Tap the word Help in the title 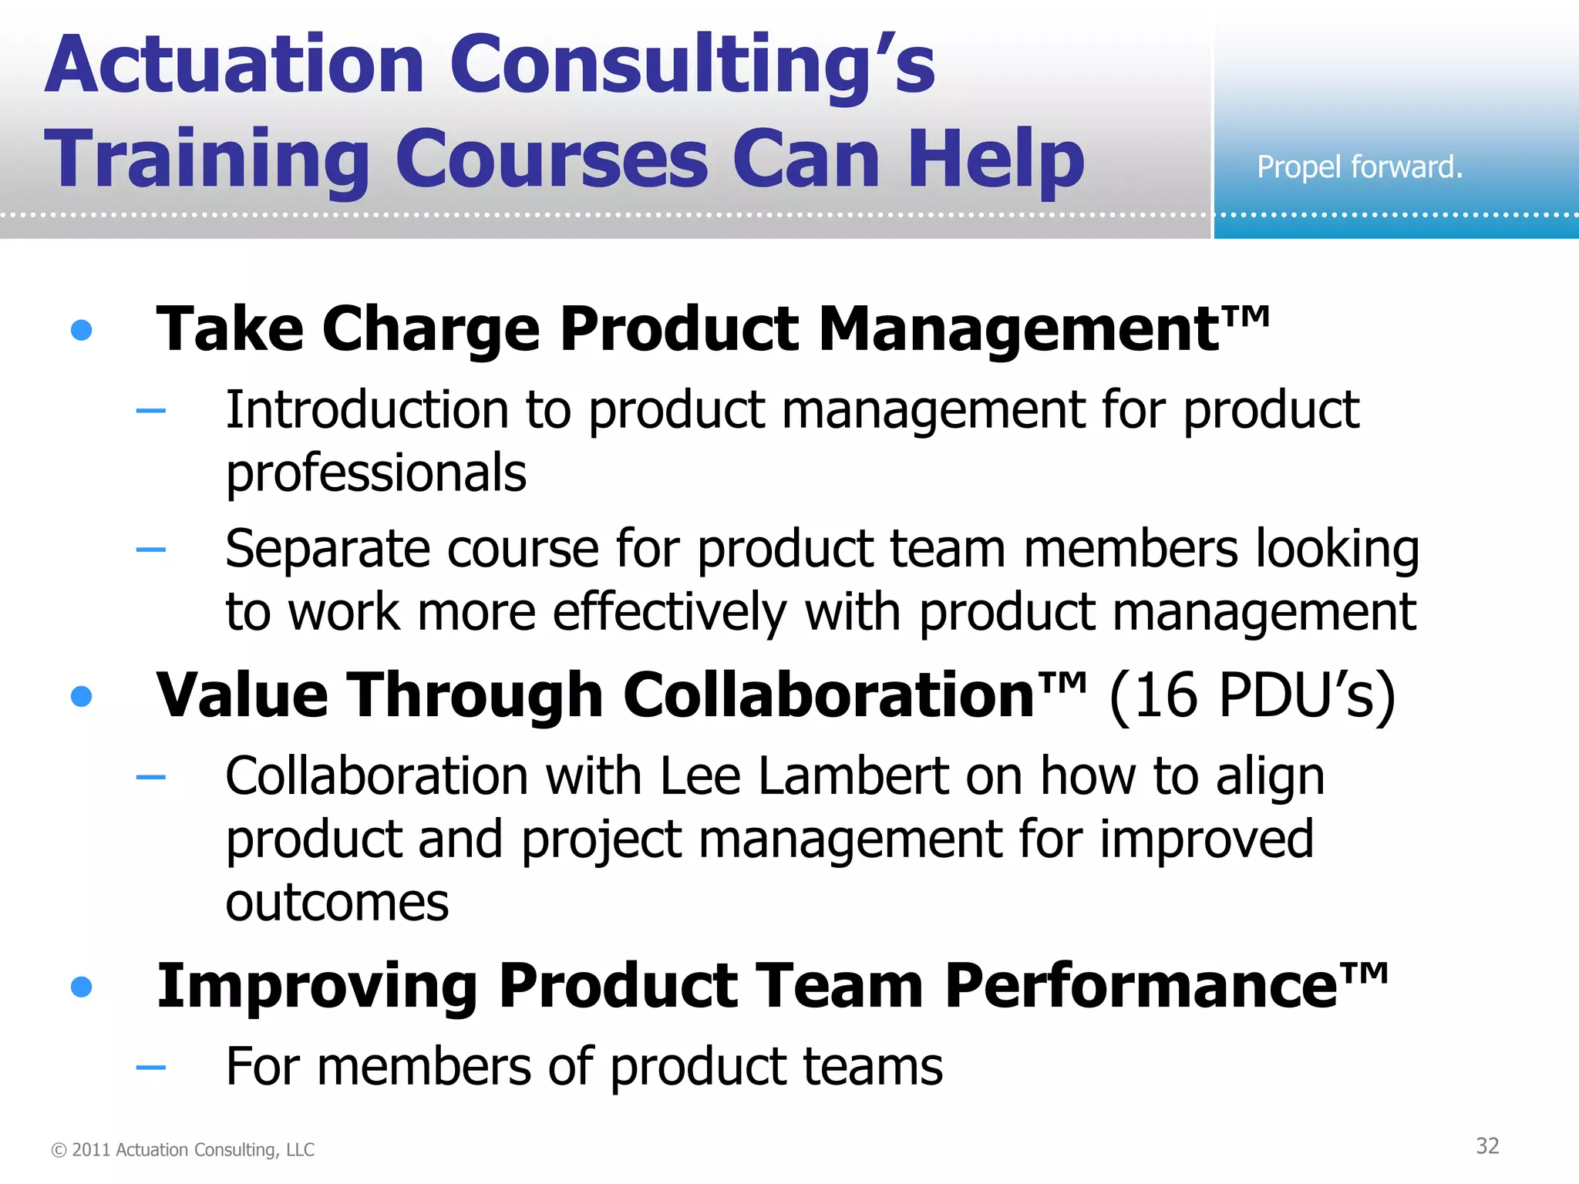point(996,160)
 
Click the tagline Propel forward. point(1359,166)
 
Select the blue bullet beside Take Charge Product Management point(81,331)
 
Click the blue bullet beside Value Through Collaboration point(81,697)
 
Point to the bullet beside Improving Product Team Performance point(81,987)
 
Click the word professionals point(376,473)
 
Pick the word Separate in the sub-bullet point(327,550)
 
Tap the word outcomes point(337,903)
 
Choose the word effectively point(669,613)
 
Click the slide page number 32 point(1487,1146)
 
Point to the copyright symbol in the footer point(59,1150)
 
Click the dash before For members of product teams point(150,1068)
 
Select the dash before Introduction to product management point(150,411)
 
